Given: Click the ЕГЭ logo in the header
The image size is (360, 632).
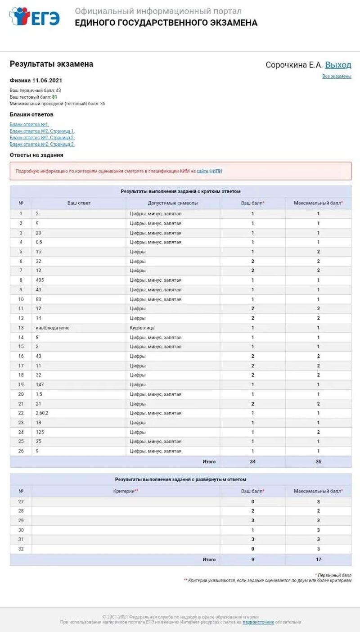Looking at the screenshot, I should [x=35, y=17].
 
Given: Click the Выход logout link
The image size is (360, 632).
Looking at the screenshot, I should [x=338, y=65].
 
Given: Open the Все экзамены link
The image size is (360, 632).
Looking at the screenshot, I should [x=337, y=77].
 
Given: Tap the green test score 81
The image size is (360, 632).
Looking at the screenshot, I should [x=54, y=97].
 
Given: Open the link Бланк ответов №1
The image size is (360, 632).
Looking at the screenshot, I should [x=29, y=124].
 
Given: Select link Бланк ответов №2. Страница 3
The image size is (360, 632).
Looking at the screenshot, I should [x=42, y=144].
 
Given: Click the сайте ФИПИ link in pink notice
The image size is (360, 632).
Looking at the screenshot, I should [x=209, y=171].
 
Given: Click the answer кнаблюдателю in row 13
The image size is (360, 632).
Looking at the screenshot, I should [x=53, y=328].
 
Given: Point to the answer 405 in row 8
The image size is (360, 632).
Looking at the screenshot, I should [x=40, y=280].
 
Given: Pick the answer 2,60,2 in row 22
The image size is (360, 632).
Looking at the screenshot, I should [x=42, y=413].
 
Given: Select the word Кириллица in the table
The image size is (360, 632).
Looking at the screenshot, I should [x=142, y=328].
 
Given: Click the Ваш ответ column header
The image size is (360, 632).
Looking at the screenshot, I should [x=79, y=203].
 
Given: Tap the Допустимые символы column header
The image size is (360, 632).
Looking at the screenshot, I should [x=173, y=203].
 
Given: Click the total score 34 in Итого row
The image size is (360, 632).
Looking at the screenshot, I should [x=252, y=461].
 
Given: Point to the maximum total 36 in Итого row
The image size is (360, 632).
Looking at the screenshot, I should [x=318, y=461].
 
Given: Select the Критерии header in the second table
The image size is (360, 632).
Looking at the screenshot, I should [x=126, y=491].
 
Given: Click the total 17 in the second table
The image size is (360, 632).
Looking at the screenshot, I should [x=318, y=560].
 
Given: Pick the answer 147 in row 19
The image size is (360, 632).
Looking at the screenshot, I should [x=40, y=384].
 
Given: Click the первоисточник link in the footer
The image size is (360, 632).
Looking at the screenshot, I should [x=258, y=622].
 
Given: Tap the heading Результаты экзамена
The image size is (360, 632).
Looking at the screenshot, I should [x=51, y=64].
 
